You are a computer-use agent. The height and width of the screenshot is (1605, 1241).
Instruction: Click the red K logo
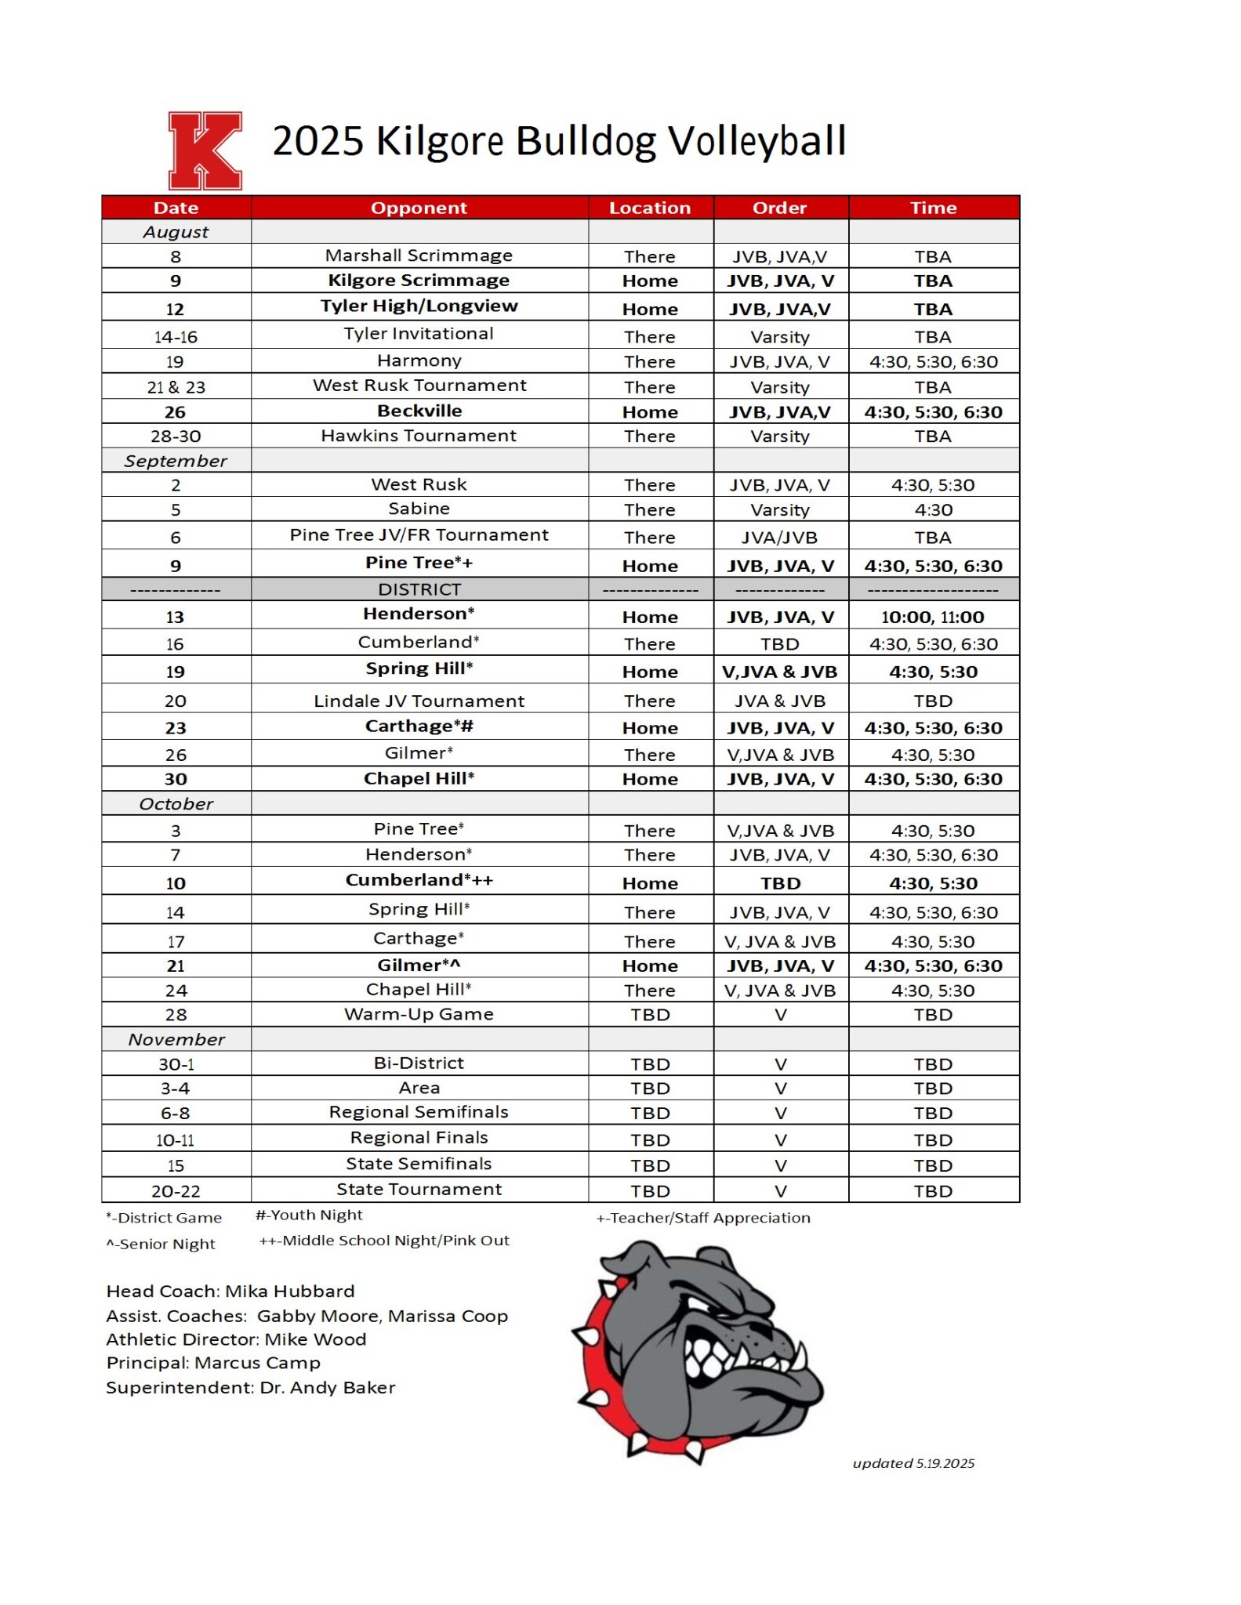tap(205, 150)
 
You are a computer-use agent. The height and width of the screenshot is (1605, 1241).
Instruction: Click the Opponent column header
tap(419, 208)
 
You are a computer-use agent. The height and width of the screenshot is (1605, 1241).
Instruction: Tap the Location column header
tap(650, 208)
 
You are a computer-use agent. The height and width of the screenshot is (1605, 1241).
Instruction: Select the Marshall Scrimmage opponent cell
tap(419, 255)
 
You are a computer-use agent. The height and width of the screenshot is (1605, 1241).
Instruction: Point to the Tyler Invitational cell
tap(419, 334)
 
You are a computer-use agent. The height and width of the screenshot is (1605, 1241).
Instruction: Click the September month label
tap(176, 461)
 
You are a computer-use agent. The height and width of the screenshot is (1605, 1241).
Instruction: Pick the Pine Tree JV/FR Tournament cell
tap(419, 535)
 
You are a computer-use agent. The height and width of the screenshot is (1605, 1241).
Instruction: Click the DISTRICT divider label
tap(419, 589)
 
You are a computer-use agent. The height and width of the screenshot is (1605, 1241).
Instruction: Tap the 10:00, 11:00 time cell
tap(933, 617)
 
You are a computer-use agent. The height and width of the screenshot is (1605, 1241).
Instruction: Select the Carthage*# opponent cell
tap(419, 726)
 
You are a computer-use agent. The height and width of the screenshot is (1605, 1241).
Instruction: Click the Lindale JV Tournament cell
tap(419, 701)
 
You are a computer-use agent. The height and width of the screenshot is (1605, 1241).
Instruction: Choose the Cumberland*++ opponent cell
tap(419, 881)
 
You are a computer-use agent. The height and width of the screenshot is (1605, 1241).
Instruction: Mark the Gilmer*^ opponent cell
tap(419, 966)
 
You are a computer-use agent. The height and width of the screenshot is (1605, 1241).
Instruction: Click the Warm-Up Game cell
tap(419, 1015)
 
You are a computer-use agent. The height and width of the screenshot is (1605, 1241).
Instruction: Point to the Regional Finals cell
tap(419, 1138)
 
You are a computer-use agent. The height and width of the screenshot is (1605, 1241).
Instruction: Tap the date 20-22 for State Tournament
tap(176, 1191)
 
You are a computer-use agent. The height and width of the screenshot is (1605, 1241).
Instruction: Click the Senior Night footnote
tap(161, 1245)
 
